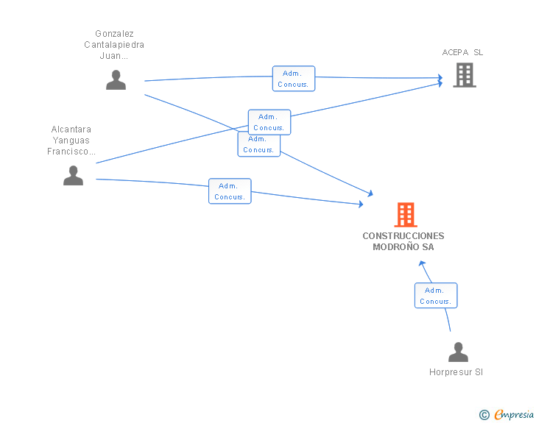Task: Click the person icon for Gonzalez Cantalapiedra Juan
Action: tap(116, 79)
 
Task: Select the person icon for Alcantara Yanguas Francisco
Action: tap(73, 175)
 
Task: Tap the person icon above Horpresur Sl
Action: tap(458, 352)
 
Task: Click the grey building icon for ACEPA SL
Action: tap(465, 75)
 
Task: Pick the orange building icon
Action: tap(406, 215)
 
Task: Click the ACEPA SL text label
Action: tap(462, 52)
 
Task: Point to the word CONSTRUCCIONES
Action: tap(403, 236)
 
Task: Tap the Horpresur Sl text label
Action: tap(456, 372)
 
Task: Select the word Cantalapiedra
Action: tap(114, 45)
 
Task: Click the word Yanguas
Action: tap(72, 141)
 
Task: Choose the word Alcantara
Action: tap(72, 129)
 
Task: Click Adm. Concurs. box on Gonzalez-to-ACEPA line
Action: tap(294, 79)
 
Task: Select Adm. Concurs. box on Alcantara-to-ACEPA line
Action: tap(269, 122)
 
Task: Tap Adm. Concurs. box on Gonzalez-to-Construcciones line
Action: tap(258, 145)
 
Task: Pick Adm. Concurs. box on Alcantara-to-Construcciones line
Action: tap(230, 191)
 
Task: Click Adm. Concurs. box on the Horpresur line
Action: tap(436, 296)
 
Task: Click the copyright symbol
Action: tap(484, 415)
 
